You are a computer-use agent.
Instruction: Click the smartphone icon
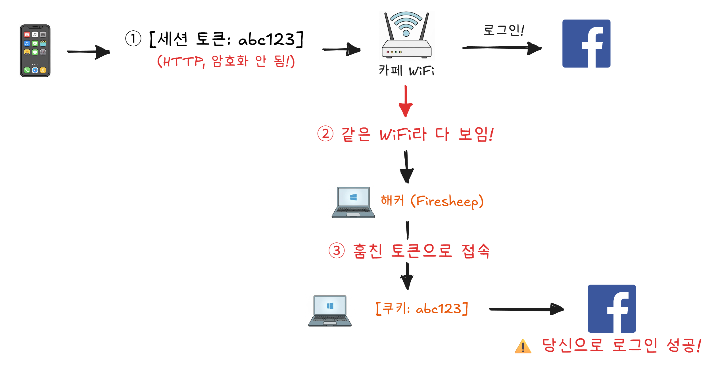[x=35, y=51]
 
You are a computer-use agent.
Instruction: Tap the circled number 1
[x=133, y=39]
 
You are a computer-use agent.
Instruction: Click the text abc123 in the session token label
[x=266, y=39]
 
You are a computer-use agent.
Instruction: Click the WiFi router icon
[x=406, y=35]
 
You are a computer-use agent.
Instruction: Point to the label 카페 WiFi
[x=406, y=70]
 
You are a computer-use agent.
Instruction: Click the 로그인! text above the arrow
[x=503, y=30]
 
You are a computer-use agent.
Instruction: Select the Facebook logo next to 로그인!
[x=586, y=43]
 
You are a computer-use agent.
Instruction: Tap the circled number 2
[x=325, y=134]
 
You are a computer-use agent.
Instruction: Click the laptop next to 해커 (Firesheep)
[x=353, y=202]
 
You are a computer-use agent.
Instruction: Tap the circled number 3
[x=337, y=251]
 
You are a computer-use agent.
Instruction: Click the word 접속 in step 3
[x=476, y=251]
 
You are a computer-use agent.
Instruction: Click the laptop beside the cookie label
[x=330, y=311]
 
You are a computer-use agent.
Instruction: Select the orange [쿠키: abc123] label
[x=422, y=309]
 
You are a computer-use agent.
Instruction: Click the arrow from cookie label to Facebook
[x=525, y=309]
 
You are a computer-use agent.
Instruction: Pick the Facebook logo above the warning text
[x=611, y=309]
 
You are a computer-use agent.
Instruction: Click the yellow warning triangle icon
[x=523, y=347]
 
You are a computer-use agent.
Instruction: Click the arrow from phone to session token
[x=88, y=52]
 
